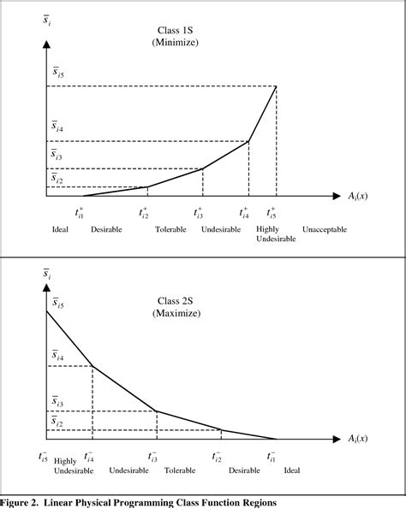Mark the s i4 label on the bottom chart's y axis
click(x=57, y=355)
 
